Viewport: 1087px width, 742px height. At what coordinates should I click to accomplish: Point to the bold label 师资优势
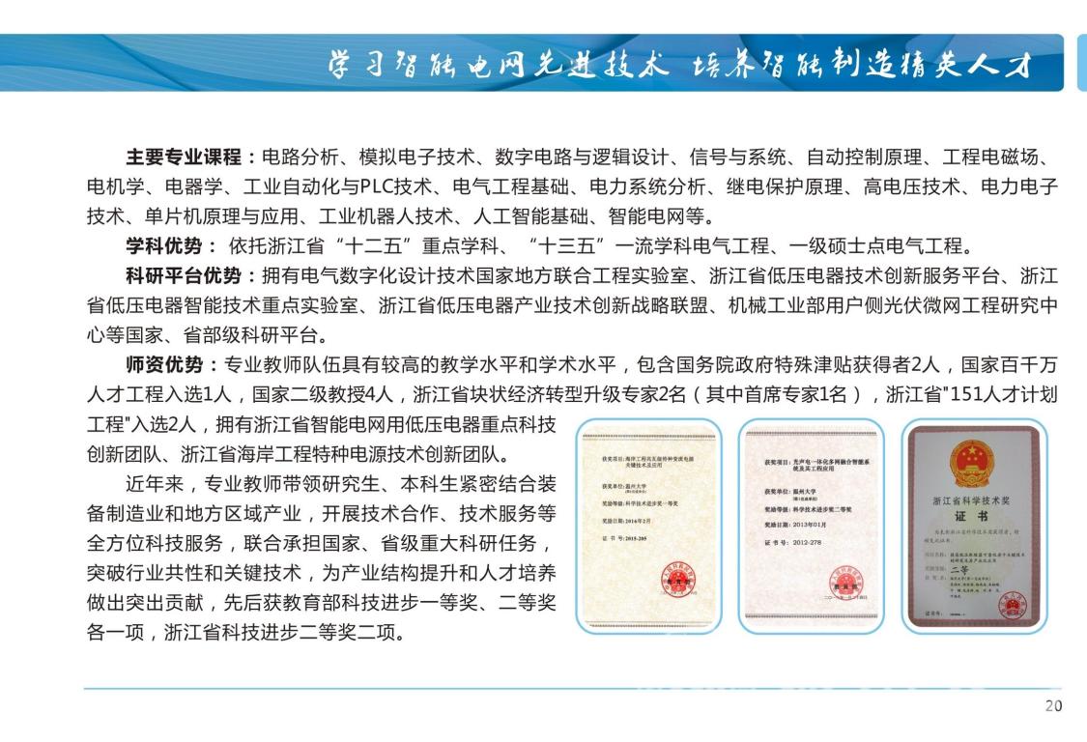click(x=165, y=365)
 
